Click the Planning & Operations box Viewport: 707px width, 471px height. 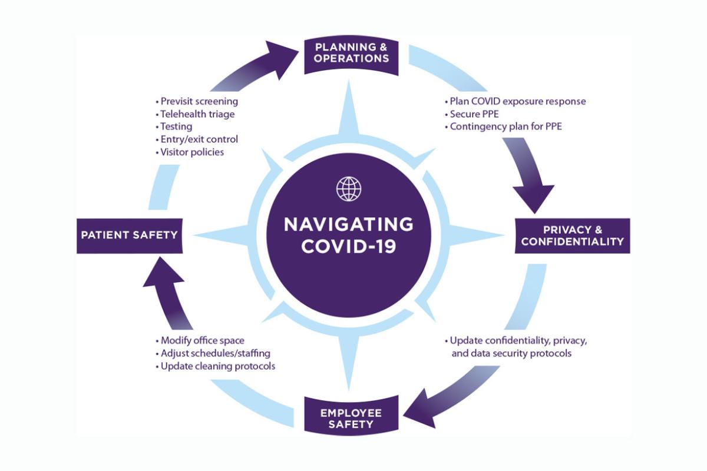[x=352, y=52]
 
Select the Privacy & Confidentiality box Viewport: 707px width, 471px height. [x=572, y=235]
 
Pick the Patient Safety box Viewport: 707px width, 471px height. [x=129, y=235]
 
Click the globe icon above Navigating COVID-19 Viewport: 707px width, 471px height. [x=348, y=188]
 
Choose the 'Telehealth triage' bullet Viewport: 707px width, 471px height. [x=197, y=114]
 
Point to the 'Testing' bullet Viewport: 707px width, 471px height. [x=176, y=127]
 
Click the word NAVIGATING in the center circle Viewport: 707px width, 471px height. [x=348, y=224]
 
